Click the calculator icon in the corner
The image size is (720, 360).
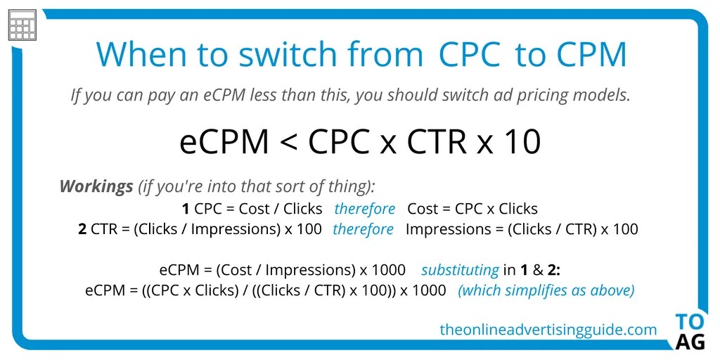[22, 26]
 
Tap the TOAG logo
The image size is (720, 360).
[689, 331]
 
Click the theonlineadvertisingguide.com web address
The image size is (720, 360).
[548, 329]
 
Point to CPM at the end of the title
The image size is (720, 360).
[585, 54]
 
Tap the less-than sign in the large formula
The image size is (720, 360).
[289, 142]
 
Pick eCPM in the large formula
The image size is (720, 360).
[224, 142]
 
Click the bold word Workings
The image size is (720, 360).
[96, 187]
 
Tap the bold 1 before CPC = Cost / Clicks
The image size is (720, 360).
[186, 209]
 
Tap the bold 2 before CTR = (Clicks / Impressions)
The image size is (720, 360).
[82, 229]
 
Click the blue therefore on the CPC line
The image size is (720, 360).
[364, 209]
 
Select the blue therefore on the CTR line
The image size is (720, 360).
[363, 229]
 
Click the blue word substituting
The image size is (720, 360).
[460, 270]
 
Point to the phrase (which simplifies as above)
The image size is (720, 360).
[546, 290]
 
